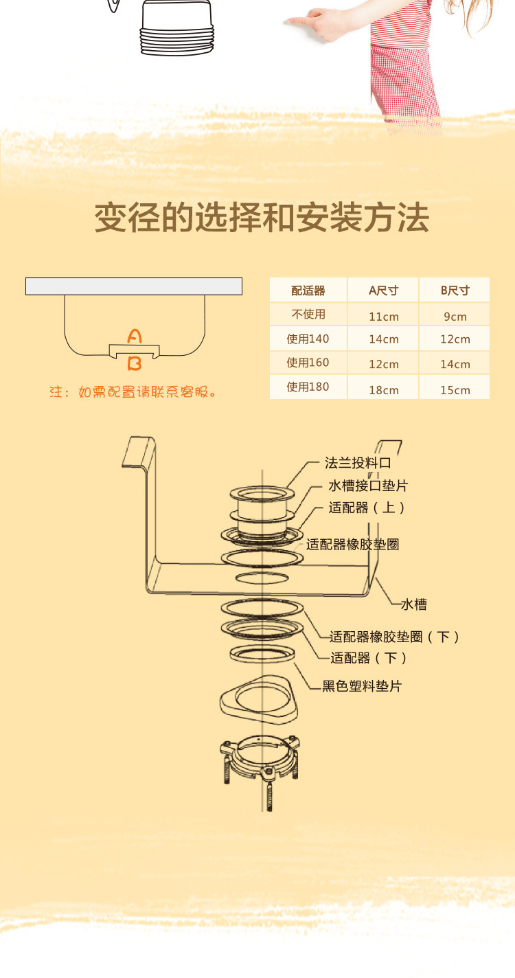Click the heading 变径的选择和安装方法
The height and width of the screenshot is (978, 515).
click(262, 218)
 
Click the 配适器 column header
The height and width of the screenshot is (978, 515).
click(308, 290)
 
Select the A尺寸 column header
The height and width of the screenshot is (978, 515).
click(383, 290)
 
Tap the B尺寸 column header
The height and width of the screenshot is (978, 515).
click(455, 290)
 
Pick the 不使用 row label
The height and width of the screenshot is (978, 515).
click(308, 315)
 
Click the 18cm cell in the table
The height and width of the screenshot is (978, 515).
click(384, 389)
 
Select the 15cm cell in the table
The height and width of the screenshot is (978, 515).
click(455, 389)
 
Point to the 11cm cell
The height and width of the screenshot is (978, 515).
click(384, 317)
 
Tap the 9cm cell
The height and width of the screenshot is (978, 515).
click(455, 317)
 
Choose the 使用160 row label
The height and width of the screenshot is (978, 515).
click(308, 363)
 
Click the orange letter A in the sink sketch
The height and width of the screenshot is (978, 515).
click(135, 337)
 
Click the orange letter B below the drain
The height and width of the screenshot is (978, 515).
click(135, 363)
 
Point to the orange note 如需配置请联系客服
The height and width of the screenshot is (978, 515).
click(134, 393)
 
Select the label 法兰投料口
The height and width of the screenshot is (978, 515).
click(358, 463)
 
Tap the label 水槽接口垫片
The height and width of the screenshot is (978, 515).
click(368, 486)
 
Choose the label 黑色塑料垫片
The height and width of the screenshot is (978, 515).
click(362, 685)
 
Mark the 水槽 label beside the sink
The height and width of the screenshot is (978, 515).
click(414, 604)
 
